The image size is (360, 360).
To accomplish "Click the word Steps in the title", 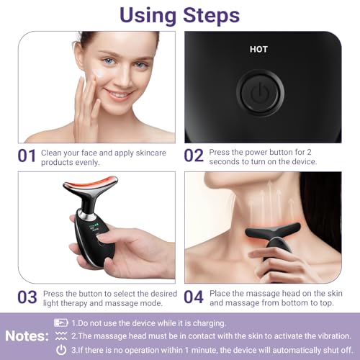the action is [x=211, y=16].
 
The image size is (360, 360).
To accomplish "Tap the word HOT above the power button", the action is [x=258, y=50].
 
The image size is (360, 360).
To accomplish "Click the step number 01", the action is [x=27, y=156].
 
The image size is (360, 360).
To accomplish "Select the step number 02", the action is [x=194, y=156].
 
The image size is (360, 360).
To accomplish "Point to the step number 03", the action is [x=27, y=297].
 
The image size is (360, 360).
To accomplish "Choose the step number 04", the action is [x=194, y=297].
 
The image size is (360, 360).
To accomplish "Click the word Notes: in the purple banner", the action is [x=27, y=336].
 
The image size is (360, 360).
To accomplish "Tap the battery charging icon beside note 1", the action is [x=60, y=323].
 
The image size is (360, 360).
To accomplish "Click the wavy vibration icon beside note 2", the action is [x=61, y=336].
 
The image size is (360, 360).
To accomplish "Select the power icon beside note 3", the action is [x=61, y=350].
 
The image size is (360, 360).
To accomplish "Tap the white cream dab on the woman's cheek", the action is [x=99, y=73].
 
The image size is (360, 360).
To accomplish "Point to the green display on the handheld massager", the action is [x=94, y=228].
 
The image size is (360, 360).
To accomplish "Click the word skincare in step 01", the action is [x=150, y=153].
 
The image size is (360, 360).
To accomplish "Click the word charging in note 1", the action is [x=210, y=323].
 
